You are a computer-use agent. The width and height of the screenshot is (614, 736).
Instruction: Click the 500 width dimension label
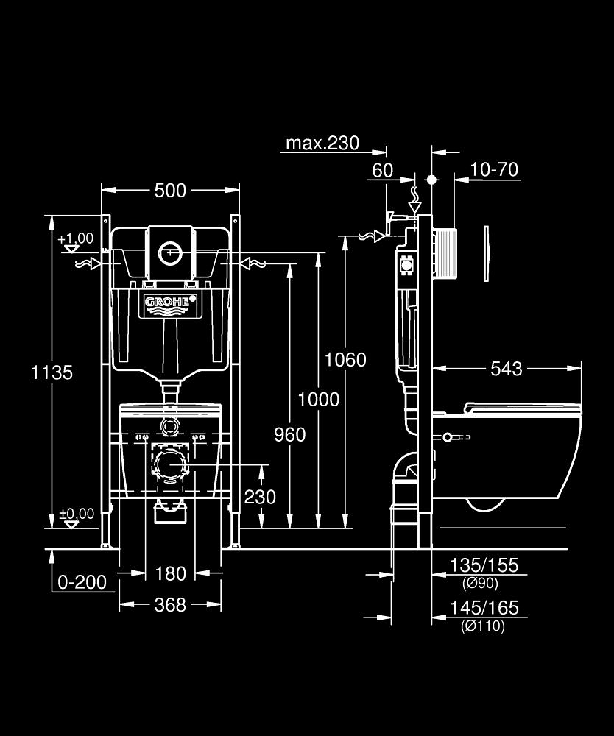(170, 191)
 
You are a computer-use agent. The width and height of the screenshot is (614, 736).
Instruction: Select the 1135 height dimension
(52, 372)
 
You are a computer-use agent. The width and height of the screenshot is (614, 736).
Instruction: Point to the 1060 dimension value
(346, 359)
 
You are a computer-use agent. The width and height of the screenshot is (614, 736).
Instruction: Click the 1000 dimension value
(319, 399)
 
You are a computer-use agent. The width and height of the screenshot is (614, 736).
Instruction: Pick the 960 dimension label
(289, 435)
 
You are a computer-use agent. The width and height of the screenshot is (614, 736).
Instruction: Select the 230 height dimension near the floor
(260, 497)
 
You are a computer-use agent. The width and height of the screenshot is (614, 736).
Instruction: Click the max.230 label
(322, 143)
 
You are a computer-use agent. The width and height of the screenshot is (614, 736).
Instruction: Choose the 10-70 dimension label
(494, 170)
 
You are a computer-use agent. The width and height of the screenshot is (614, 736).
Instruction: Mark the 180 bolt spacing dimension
(170, 573)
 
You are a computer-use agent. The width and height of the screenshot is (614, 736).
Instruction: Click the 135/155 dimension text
(484, 565)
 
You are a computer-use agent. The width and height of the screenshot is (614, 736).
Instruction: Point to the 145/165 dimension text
(484, 608)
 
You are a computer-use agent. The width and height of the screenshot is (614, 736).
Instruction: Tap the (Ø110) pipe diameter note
(483, 626)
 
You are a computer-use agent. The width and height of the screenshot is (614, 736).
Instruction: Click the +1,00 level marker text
(76, 238)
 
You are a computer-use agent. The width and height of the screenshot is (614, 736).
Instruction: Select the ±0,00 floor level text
(77, 514)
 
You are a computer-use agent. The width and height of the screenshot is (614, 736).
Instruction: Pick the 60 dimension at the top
(382, 170)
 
